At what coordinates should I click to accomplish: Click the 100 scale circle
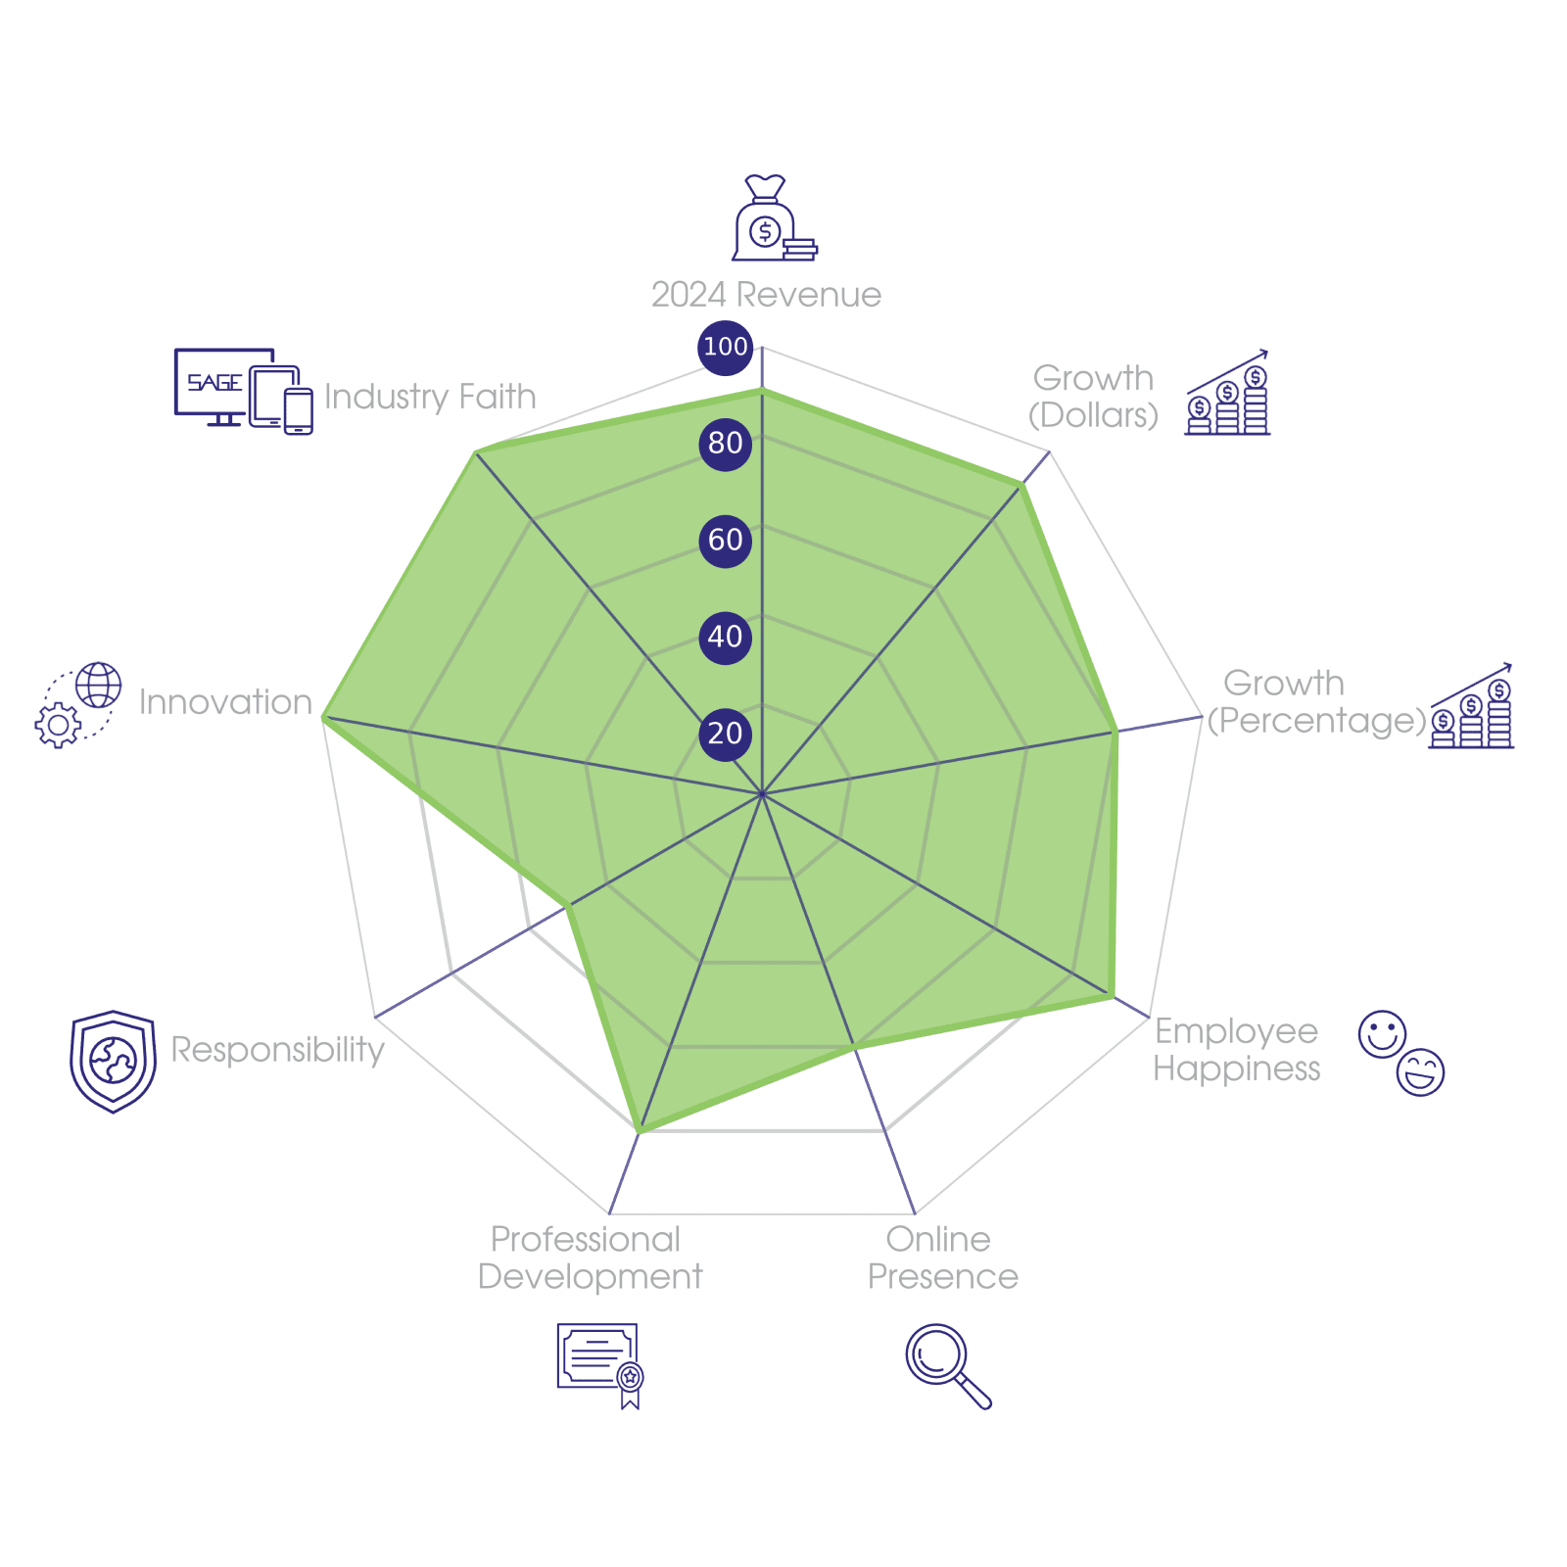(x=725, y=347)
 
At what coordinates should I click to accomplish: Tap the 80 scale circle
(x=725, y=443)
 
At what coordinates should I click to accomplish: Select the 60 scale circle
(x=725, y=540)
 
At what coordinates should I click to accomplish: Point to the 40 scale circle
(x=725, y=637)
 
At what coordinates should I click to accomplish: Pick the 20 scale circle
(x=725, y=734)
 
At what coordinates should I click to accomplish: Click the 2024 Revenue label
(x=766, y=295)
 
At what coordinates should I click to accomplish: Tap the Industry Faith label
(x=430, y=397)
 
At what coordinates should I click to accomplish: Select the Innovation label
(x=225, y=702)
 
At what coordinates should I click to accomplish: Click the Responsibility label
(x=277, y=1049)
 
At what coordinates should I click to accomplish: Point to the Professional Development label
(x=590, y=1258)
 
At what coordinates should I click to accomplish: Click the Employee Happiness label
(x=1236, y=1050)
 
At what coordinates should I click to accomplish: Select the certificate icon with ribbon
(x=599, y=1363)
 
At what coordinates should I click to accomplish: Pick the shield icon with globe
(x=113, y=1061)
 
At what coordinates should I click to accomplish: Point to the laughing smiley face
(x=1421, y=1072)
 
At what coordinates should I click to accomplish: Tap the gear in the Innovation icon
(x=58, y=725)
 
